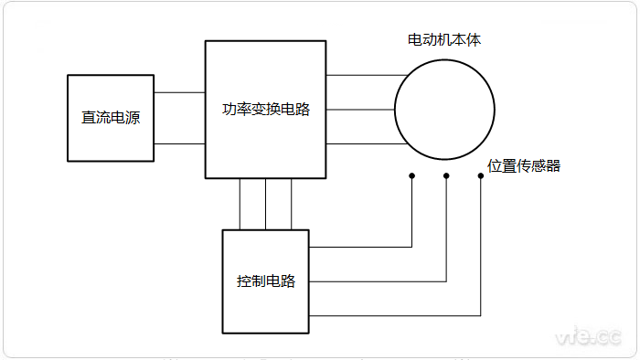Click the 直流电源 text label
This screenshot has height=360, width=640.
point(111,118)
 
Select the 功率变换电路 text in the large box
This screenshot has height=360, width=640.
point(266,110)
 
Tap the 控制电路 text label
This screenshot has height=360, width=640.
point(266,281)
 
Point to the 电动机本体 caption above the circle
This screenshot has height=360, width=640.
point(443,41)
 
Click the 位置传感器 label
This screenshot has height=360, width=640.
point(524,165)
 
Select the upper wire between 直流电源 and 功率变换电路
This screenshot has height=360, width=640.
point(179,92)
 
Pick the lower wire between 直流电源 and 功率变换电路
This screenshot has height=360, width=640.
point(179,143)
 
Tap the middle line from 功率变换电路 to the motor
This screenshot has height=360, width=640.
point(360,110)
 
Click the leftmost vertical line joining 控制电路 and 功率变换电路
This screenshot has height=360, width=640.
point(240,204)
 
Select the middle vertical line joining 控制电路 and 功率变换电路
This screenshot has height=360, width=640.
point(266,204)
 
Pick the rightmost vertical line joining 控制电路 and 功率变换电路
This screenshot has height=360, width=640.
point(292,204)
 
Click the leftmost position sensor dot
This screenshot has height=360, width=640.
point(411,175)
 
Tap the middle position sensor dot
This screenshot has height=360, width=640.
point(446,175)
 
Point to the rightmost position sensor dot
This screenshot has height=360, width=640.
point(481,175)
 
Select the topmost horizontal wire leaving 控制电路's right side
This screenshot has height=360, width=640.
point(361,247)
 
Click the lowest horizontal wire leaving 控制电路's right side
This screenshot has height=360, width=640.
point(393,315)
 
